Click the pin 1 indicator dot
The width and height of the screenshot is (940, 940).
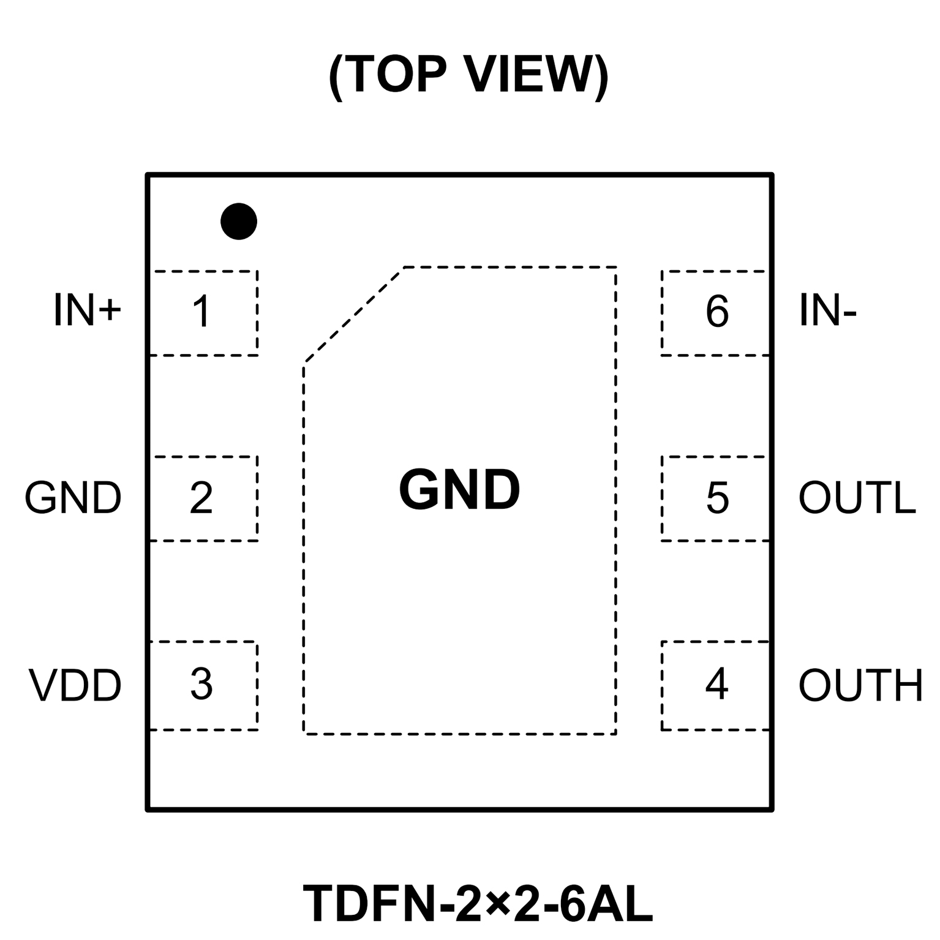[239, 221]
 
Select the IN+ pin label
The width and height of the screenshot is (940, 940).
[88, 310]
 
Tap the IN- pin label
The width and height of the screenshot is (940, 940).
[827, 310]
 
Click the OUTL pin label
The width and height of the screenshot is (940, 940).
[857, 497]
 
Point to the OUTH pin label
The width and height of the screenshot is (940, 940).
[860, 685]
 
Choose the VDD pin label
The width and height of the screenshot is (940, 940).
[75, 685]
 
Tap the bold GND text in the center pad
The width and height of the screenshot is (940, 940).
[459, 489]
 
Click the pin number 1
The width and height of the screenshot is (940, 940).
[201, 311]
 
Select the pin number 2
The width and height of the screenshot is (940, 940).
[201, 497]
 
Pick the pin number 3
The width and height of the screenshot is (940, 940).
[201, 684]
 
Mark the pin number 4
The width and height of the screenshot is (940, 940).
[716, 683]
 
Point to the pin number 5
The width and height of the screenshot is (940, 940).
[717, 497]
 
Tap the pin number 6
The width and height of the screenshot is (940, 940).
[717, 311]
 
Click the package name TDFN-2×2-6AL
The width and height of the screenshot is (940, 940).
[478, 903]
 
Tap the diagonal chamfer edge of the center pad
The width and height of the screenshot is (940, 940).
[354, 315]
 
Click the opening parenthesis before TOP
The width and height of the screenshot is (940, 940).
[336, 76]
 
